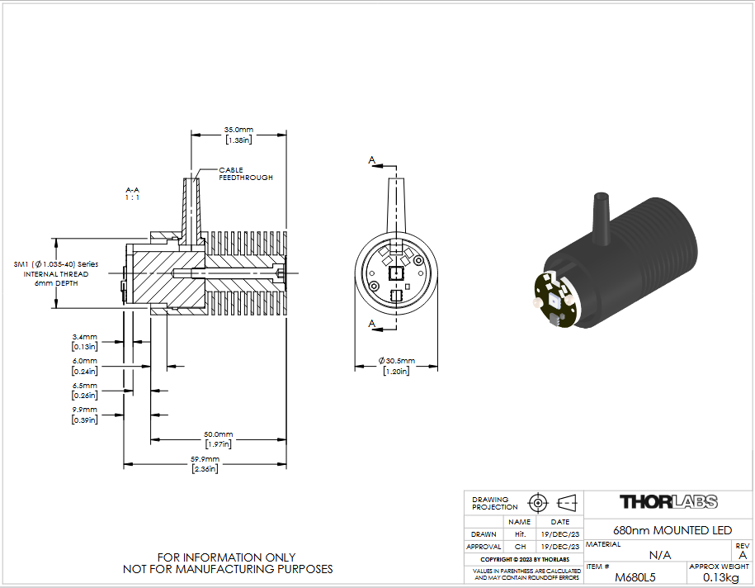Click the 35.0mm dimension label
click(238, 135)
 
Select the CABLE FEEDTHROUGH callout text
click(246, 174)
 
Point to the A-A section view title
click(132, 194)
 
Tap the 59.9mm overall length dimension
click(205, 464)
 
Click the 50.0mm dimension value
click(218, 439)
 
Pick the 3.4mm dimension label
click(85, 342)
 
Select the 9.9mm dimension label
click(85, 415)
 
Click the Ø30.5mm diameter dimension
click(396, 366)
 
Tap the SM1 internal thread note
click(56, 273)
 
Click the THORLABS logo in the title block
click(668, 502)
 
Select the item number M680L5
click(635, 577)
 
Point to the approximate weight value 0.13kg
click(721, 577)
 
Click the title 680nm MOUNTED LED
click(672, 530)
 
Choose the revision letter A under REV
click(743, 555)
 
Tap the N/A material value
click(659, 555)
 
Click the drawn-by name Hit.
click(520, 534)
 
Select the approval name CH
click(520, 547)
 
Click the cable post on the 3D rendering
click(602, 220)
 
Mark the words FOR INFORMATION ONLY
click(226, 557)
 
